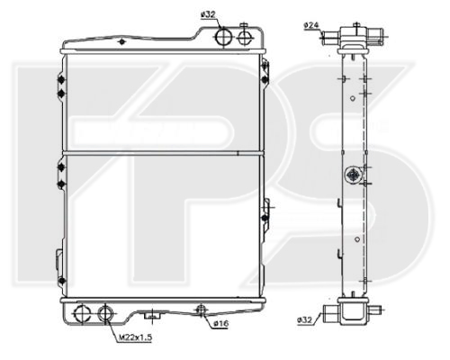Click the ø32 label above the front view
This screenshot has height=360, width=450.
pyautogui.click(x=208, y=14)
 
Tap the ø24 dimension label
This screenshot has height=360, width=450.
pyautogui.click(x=311, y=25)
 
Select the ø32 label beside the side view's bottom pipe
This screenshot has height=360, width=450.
pyautogui.click(x=305, y=320)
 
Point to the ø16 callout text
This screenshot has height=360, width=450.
pyautogui.click(x=221, y=323)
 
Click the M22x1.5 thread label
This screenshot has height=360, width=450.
pyautogui.click(x=134, y=337)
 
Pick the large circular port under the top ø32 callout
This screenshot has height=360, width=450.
pyautogui.click(x=224, y=37)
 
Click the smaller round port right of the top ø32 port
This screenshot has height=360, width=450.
pyautogui.click(x=246, y=36)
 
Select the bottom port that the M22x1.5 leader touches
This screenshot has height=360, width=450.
pyautogui.click(x=106, y=313)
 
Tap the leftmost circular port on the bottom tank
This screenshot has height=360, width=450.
pyautogui.click(x=83, y=313)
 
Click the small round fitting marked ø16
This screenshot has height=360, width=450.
pyautogui.click(x=201, y=309)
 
